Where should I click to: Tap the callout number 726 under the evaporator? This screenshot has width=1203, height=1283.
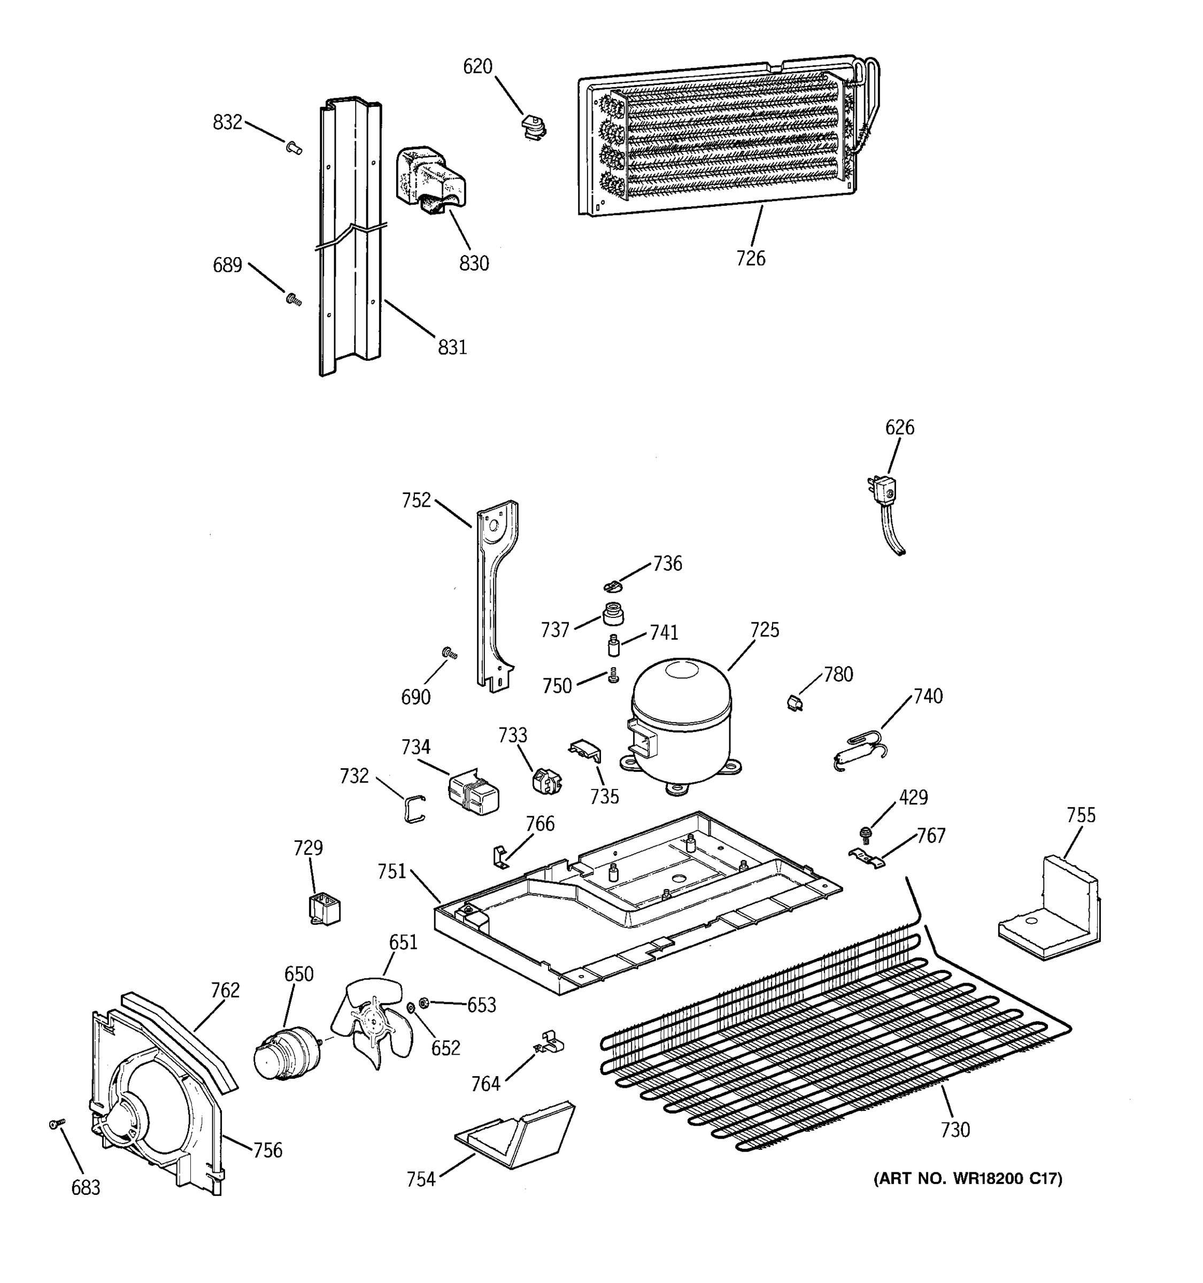[x=751, y=259]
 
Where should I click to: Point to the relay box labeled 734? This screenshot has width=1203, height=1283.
[x=474, y=792]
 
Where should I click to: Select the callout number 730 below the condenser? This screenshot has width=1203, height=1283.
[x=955, y=1130]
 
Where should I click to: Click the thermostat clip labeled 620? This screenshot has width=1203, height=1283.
[x=533, y=127]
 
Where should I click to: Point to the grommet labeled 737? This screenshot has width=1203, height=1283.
[x=613, y=614]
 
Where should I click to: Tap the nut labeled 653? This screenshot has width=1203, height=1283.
[x=424, y=1002]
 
